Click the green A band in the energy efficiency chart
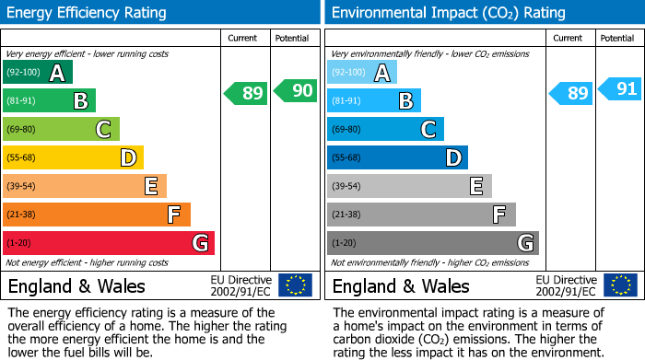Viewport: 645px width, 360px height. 38,73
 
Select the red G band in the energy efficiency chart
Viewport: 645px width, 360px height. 109,243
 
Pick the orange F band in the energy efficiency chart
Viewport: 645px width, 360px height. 97,215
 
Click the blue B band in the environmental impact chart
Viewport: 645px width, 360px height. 374,101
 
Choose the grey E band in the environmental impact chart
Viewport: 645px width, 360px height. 409,186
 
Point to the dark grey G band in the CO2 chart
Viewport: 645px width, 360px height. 433,243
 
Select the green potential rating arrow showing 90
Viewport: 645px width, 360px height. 296,91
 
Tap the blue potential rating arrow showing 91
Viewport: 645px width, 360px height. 620,89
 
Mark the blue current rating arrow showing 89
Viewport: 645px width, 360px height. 571,93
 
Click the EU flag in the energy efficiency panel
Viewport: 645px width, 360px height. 295,285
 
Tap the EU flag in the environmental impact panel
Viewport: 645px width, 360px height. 619,285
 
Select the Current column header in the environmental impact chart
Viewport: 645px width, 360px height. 569,38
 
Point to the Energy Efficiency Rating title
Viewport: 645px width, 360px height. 88,13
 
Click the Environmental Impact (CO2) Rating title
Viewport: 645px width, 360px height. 447,13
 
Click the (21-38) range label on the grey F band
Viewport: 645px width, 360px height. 346,215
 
